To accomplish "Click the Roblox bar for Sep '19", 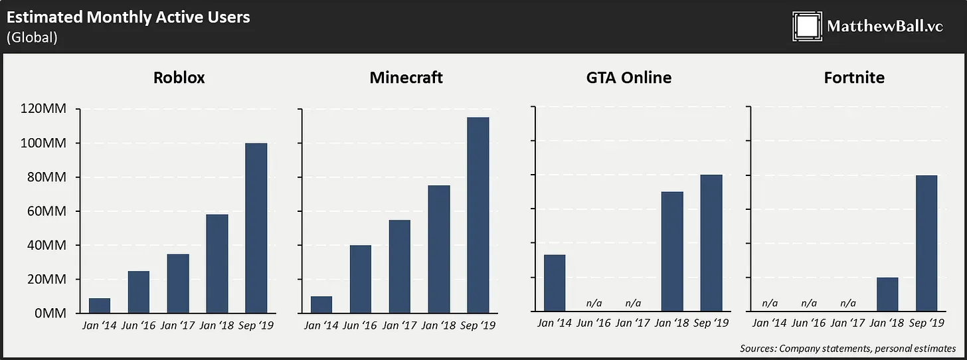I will [256, 228].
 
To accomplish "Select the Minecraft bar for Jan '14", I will [321, 304].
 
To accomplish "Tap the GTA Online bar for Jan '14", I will [555, 283].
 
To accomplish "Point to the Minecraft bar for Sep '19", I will [478, 215].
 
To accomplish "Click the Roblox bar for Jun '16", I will [139, 292].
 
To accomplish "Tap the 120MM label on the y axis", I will [44, 109].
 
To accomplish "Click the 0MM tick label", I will [50, 313].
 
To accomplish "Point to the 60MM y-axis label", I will [46, 211].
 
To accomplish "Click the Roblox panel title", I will [179, 78].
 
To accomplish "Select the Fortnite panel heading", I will [854, 78].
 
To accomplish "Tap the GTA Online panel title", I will [628, 78].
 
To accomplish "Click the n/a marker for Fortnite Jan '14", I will [770, 303].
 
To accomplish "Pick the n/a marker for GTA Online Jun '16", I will [594, 303].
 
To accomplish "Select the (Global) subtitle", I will [32, 37].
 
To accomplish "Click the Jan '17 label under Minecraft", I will [400, 325].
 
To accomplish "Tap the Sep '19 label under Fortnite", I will [926, 323].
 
